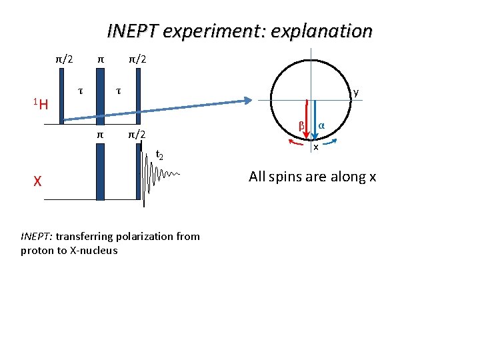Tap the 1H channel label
click(x=41, y=103)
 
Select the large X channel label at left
click(x=39, y=181)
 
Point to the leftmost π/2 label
click(x=64, y=59)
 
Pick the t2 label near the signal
click(x=159, y=156)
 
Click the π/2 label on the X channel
click(x=137, y=135)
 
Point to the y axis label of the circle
click(x=357, y=93)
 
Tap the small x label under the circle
click(x=316, y=147)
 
